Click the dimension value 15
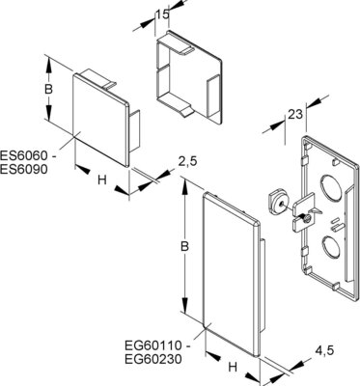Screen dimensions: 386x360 (167, 15)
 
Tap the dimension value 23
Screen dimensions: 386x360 (296, 114)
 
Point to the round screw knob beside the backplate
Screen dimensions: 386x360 (277, 202)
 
